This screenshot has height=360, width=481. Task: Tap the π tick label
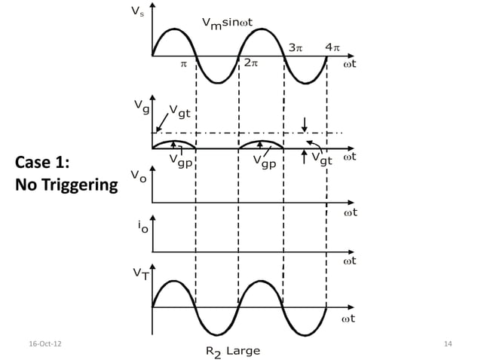182,64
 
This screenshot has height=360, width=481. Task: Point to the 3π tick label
296,47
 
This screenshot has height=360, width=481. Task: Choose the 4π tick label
332,47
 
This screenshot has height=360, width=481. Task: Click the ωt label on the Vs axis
350,63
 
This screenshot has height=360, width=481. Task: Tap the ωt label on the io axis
350,261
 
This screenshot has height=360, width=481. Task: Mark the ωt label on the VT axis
350,319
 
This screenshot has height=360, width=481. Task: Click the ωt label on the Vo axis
350,212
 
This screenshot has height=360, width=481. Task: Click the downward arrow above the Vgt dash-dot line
304,123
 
